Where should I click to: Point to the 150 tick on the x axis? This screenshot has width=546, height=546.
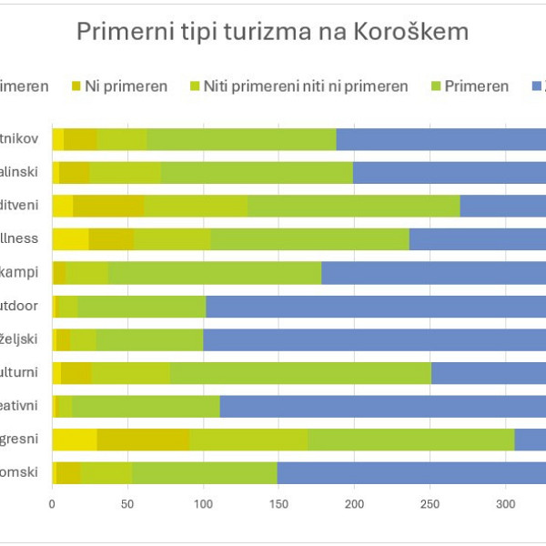pos(279,500)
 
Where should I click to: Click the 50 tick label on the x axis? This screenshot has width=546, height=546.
pos(128,500)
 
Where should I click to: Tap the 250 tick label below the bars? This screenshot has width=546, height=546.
pos(430,500)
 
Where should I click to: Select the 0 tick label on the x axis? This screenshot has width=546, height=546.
pos(53,500)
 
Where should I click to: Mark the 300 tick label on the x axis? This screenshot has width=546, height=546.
pos(506,500)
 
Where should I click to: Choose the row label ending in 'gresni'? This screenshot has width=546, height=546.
pos(20,439)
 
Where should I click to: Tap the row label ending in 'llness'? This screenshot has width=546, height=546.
pos(20,239)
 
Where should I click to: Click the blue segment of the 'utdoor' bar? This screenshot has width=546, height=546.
pos(373,307)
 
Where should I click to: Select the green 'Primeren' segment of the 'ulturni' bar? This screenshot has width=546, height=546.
pos(300,373)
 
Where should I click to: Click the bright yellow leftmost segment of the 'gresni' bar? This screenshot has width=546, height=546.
pos(75,440)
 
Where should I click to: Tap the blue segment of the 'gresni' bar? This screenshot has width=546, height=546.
pos(530,440)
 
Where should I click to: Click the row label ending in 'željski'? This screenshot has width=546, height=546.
pos(20,339)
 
